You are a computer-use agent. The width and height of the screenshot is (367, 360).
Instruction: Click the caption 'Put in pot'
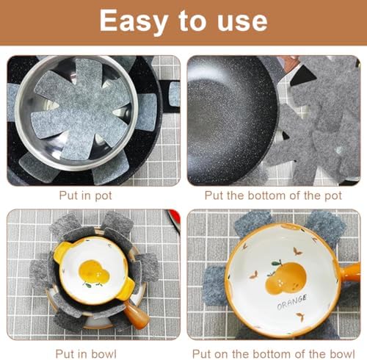coord(91,196)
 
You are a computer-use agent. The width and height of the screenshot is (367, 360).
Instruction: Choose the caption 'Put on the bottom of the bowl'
coord(275,343)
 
